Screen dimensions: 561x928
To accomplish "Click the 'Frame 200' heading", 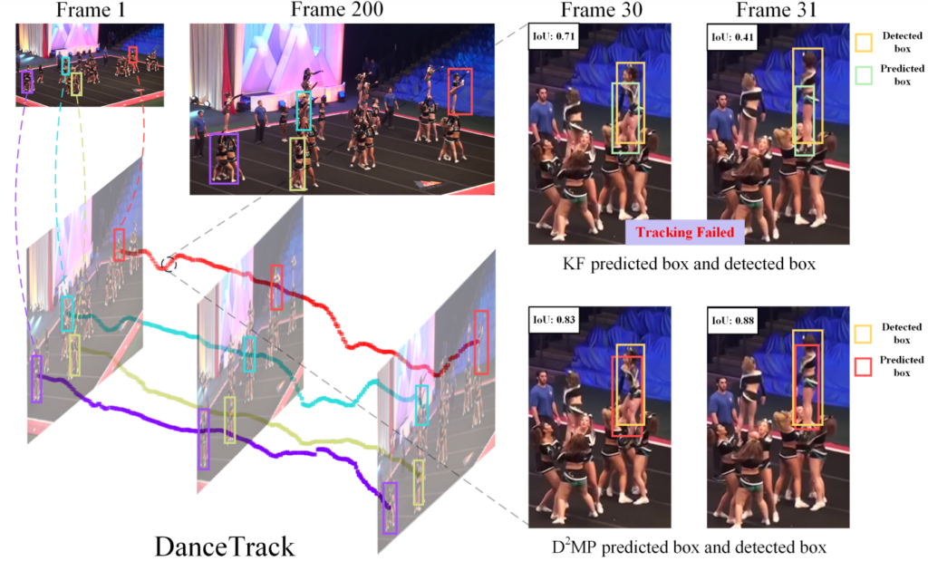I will pyautogui.click(x=330, y=10).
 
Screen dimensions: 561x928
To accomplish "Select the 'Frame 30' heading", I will pyautogui.click(x=598, y=10).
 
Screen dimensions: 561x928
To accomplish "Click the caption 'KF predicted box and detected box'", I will pyautogui.click(x=690, y=266).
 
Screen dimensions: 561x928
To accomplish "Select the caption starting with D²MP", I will pyautogui.click(x=690, y=547).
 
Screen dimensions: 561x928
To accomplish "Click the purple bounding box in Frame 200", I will pyautogui.click(x=224, y=159).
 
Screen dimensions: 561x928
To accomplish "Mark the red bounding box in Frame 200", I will pyautogui.click(x=459, y=92).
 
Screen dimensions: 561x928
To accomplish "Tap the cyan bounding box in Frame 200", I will pyautogui.click(x=304, y=110).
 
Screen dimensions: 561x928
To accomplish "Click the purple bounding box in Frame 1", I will pyautogui.click(x=27, y=82).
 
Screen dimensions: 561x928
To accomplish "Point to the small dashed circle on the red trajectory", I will pyautogui.click(x=169, y=264).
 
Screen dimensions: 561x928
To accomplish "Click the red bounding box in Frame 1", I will pyautogui.click(x=133, y=54).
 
